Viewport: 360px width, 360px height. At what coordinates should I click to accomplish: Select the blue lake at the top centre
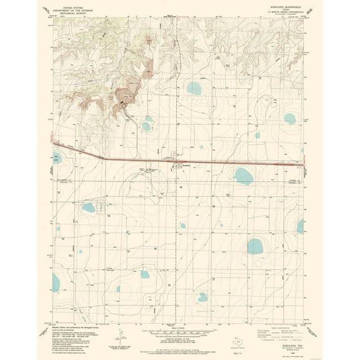[x=195, y=88]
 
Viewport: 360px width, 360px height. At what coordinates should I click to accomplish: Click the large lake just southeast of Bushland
[x=243, y=176]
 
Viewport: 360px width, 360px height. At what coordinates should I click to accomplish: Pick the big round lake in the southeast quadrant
[x=254, y=246]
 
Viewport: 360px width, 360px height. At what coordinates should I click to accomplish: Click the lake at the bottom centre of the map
[x=203, y=297]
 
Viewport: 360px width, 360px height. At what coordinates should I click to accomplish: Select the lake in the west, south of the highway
[x=89, y=207]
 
